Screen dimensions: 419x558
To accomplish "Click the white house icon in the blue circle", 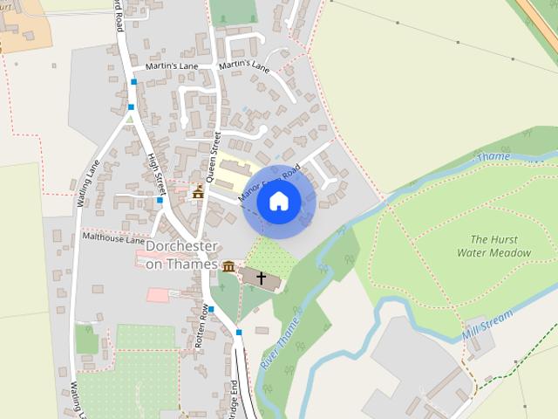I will click(x=278, y=202).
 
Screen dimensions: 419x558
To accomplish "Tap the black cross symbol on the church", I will click(x=261, y=278).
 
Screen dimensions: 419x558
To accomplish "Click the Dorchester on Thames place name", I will click(x=181, y=255).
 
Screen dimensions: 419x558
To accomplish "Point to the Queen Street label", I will click(x=213, y=155).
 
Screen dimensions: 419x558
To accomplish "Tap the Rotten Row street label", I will click(x=202, y=326).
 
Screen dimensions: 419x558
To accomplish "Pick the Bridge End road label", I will click(x=234, y=397).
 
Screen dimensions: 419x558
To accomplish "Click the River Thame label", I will click(x=280, y=341).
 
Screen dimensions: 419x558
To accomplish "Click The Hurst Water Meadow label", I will click(x=493, y=246).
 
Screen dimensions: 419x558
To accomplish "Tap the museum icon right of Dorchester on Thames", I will click(x=228, y=266).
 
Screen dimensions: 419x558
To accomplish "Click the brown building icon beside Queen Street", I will click(x=198, y=192).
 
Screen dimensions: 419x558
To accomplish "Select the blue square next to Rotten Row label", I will click(x=211, y=309).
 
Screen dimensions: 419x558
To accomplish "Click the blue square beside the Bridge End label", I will click(x=239, y=333).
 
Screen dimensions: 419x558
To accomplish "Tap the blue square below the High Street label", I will click(x=160, y=201).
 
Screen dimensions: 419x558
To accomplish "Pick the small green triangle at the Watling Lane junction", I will click(x=130, y=118).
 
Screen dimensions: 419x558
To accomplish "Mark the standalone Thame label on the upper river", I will click(x=494, y=157).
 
